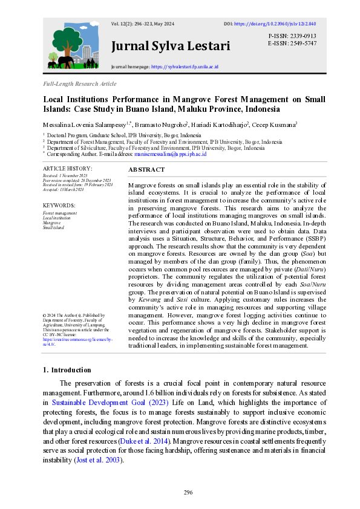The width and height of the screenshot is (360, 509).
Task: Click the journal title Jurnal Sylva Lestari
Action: click(171, 46)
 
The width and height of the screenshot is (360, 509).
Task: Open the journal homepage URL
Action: click(185, 66)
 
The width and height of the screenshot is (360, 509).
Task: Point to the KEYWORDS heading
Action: click(59, 206)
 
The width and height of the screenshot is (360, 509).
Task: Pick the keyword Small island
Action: click(53, 228)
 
